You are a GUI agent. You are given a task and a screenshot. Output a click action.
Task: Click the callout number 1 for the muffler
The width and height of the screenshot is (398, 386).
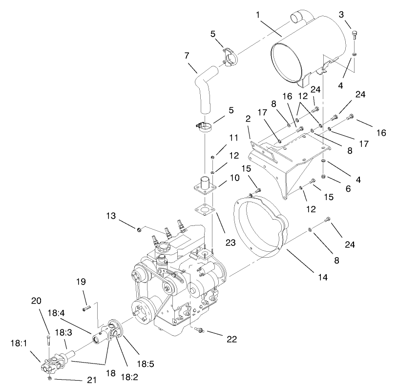(257, 15)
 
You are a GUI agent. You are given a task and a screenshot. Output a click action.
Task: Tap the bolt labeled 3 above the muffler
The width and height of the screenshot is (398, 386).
(355, 34)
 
